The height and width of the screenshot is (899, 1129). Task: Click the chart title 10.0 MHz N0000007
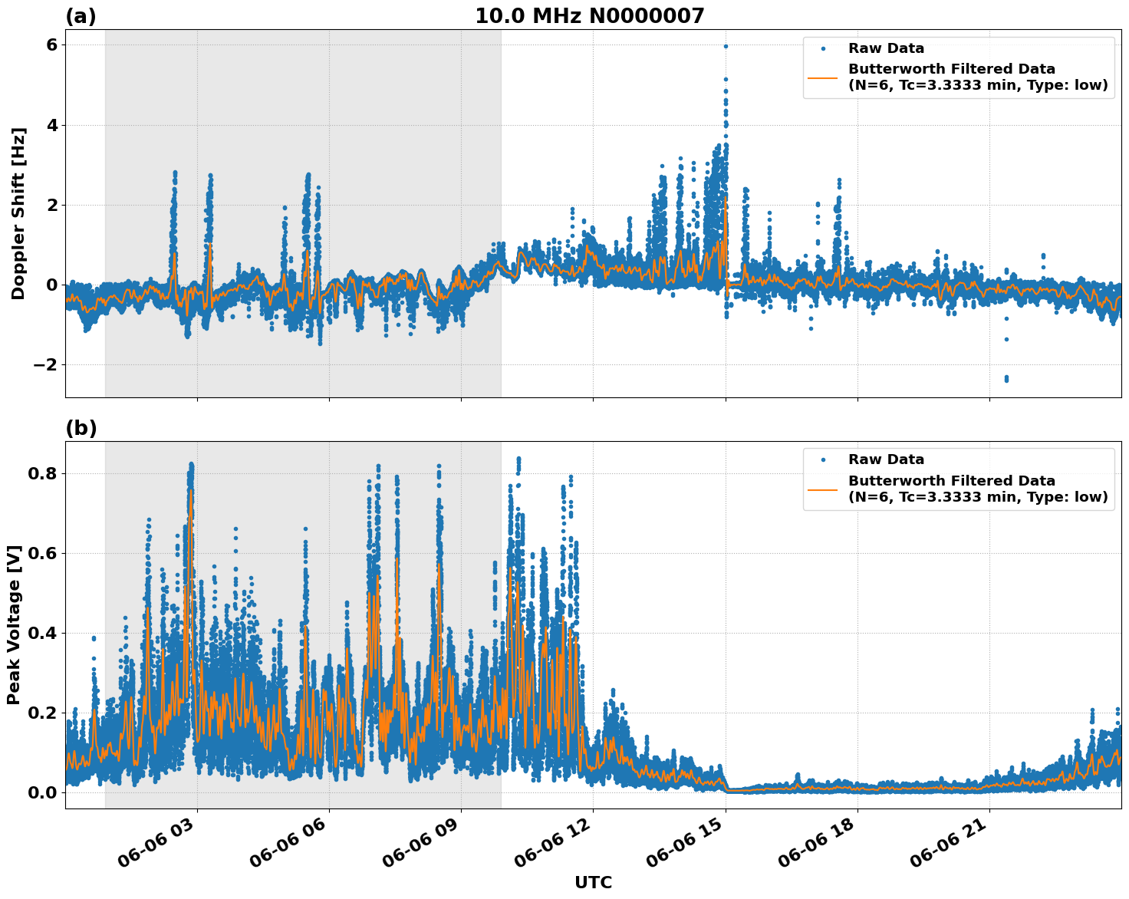[589, 16]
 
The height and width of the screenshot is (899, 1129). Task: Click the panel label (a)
[81, 16]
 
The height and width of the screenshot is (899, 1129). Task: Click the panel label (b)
[81, 428]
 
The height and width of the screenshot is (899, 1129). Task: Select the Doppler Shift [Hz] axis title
[18, 213]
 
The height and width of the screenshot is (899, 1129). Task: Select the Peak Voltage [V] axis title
[14, 624]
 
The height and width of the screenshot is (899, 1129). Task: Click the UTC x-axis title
[593, 882]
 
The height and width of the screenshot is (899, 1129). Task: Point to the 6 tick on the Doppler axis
[51, 45]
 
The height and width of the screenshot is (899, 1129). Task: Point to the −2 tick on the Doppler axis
[46, 364]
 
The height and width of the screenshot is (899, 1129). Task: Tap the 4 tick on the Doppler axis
[51, 125]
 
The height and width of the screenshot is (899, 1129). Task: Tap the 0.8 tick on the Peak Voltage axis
[43, 473]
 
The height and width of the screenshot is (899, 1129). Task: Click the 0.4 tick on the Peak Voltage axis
[43, 633]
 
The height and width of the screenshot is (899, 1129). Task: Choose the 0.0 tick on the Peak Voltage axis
[43, 792]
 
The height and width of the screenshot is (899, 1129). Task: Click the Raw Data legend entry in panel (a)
[886, 48]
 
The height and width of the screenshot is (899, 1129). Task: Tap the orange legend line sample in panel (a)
[822, 77]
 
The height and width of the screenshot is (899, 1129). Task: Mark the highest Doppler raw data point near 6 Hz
[726, 46]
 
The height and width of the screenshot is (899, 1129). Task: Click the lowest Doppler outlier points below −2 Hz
[1006, 378]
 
